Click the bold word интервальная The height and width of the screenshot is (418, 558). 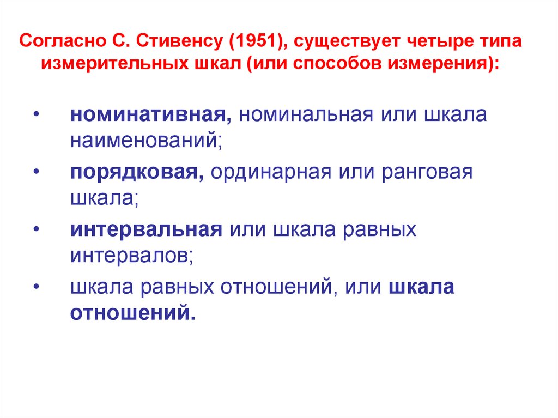click(146, 229)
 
